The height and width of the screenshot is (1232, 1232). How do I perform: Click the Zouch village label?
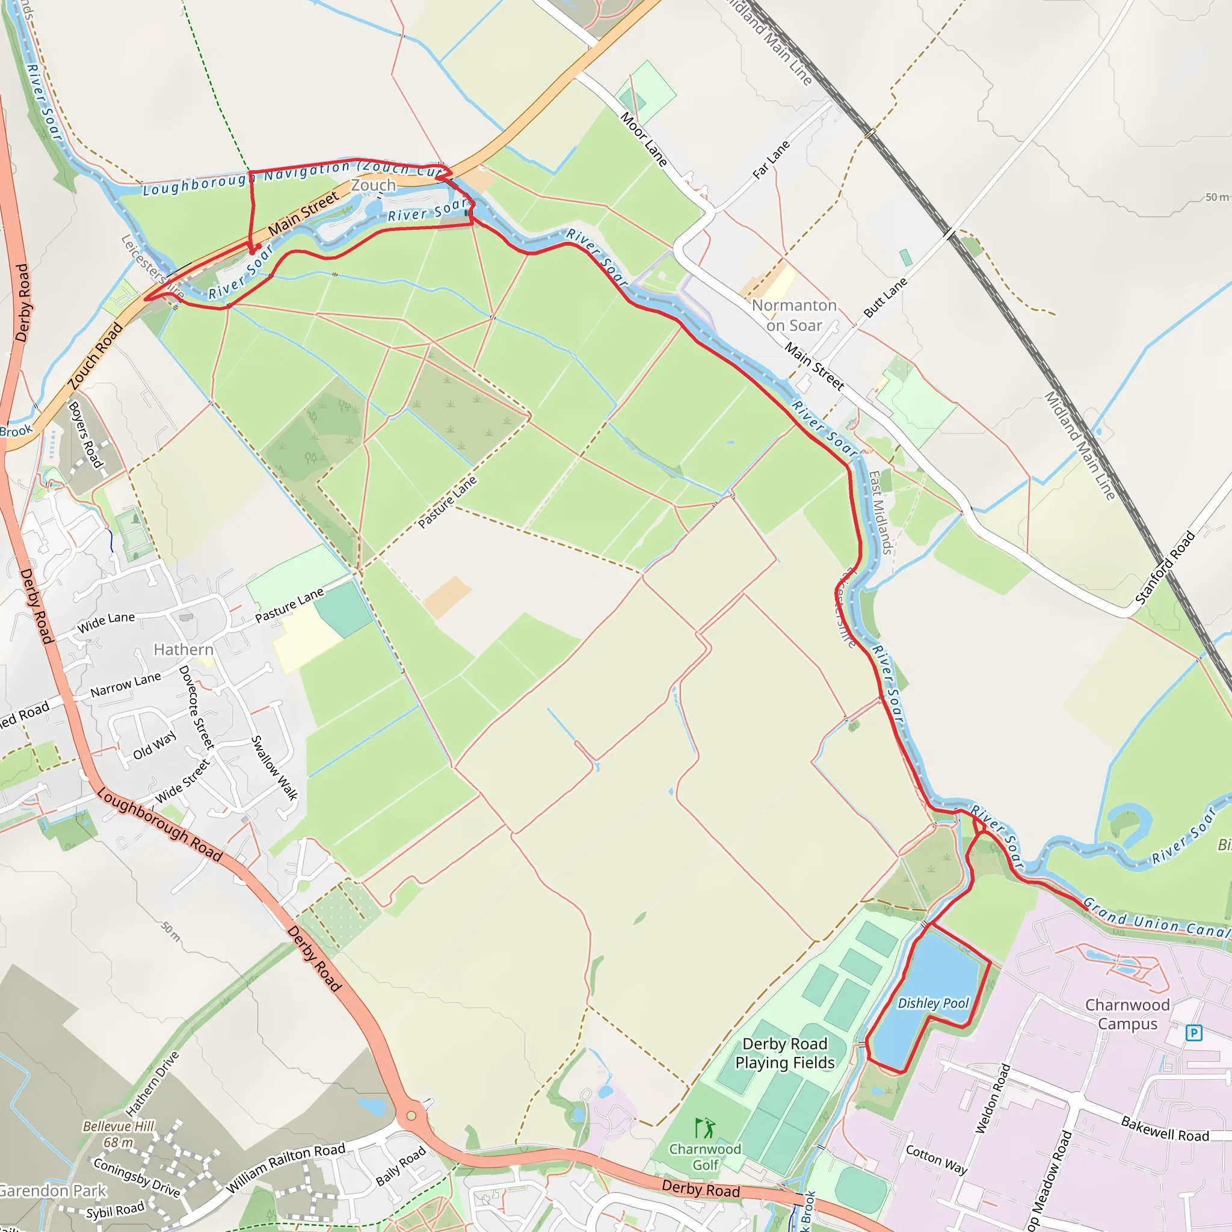click(373, 185)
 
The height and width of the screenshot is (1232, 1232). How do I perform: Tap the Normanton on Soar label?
click(794, 315)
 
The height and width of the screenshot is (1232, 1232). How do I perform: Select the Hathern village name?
click(183, 649)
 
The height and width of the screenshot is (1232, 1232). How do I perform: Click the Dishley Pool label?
click(933, 1003)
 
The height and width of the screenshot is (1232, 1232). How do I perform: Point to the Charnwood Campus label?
click(1127, 1014)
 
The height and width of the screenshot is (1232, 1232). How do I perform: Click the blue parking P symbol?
click(1193, 1032)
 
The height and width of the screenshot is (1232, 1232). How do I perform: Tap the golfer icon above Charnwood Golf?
click(705, 1127)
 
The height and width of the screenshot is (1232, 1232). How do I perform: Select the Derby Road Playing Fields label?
click(784, 1053)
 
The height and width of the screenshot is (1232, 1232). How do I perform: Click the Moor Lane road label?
click(644, 140)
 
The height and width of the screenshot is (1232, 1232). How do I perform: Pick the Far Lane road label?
click(771, 159)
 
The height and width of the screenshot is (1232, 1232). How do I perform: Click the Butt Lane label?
click(885, 297)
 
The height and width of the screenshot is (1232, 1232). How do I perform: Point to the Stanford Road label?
click(1165, 568)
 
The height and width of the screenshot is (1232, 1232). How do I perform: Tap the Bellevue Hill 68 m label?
click(119, 1135)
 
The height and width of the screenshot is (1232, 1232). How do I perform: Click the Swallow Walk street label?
click(274, 768)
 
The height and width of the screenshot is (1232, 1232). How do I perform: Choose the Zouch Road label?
click(96, 356)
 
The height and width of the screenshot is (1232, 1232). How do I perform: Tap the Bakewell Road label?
click(1165, 1129)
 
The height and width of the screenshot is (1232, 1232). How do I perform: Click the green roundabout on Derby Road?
click(411, 1116)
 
